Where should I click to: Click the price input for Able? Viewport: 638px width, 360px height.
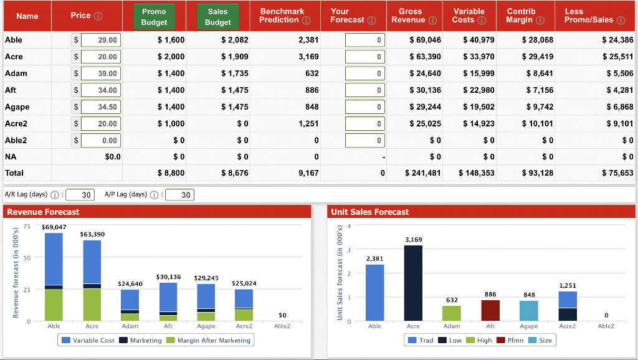tap(101, 40)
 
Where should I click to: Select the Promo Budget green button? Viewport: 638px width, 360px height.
tap(153, 17)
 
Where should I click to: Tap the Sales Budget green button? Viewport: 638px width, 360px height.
tap(217, 17)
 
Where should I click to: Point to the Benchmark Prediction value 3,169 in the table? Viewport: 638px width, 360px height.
tap(308, 57)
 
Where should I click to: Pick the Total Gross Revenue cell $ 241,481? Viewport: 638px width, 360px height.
tap(422, 173)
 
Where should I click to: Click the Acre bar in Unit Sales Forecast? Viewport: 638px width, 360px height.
tap(413, 283)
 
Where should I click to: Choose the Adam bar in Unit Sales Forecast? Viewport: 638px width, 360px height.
tap(452, 313)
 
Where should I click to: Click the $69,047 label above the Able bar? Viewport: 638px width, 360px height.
tap(54, 228)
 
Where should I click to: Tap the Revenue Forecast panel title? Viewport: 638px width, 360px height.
tap(43, 212)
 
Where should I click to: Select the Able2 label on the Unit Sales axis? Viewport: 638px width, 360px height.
tap(606, 326)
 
